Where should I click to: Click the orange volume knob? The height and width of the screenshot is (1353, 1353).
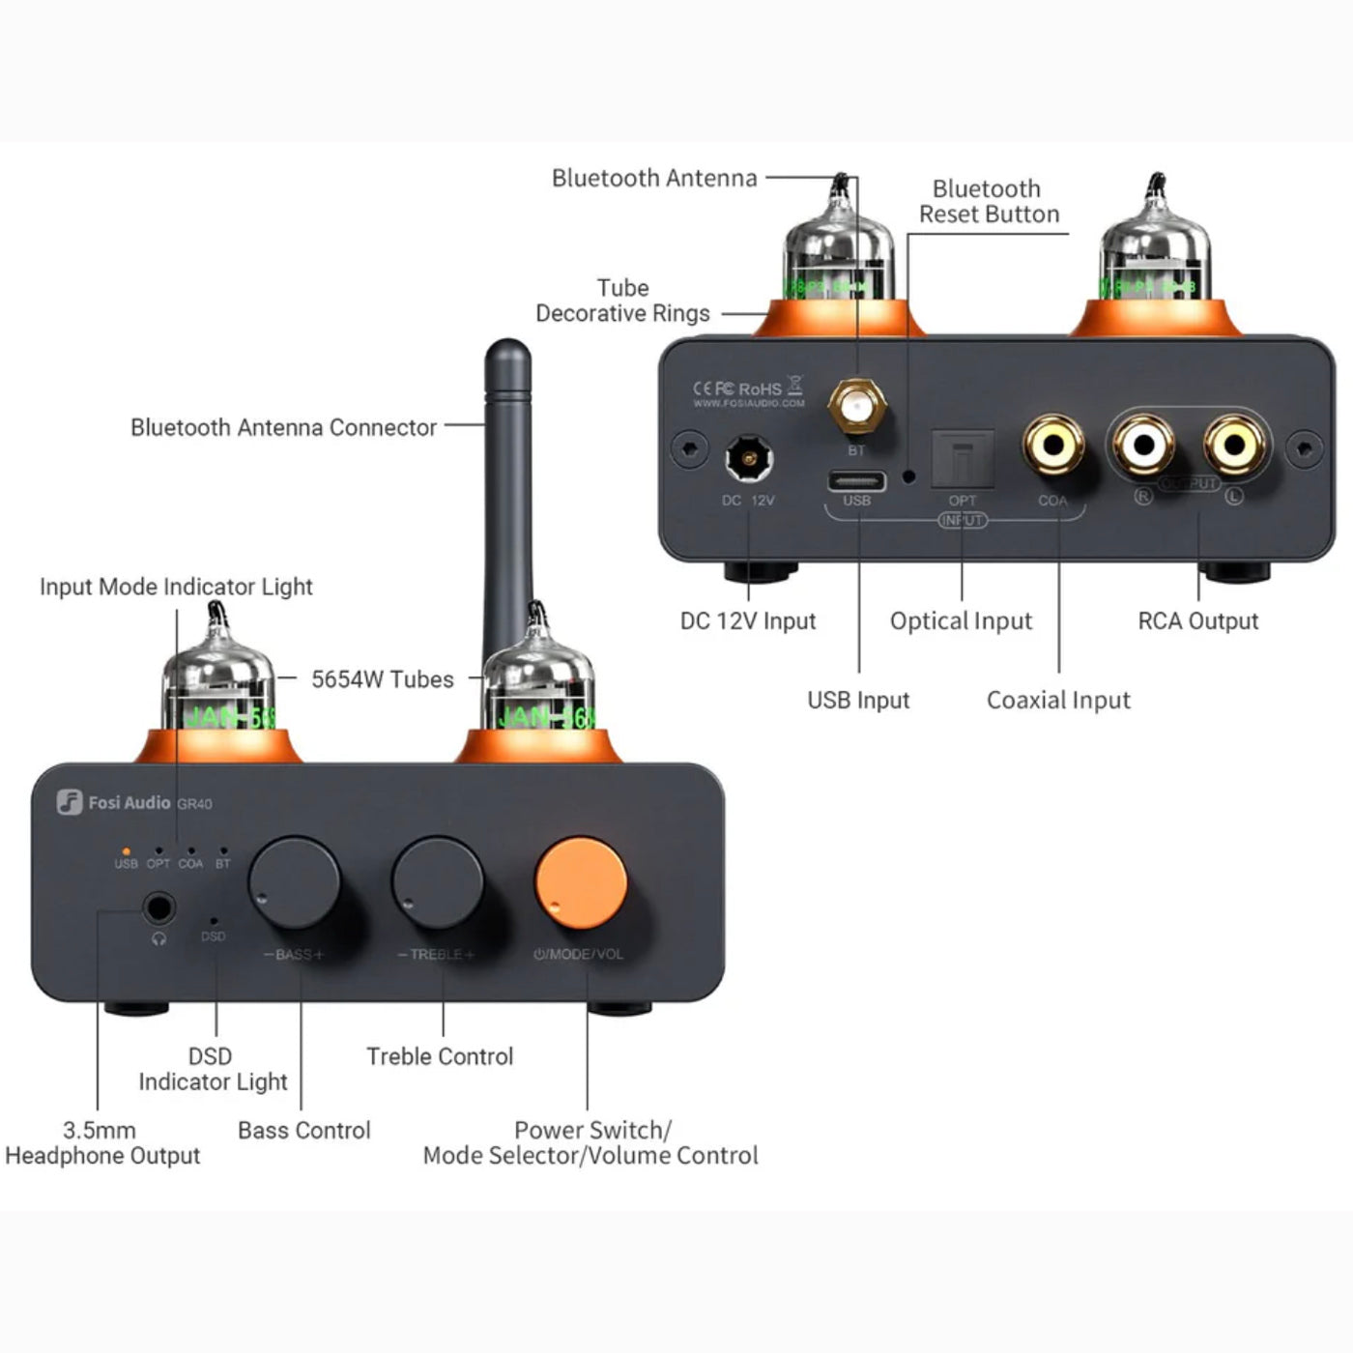581,882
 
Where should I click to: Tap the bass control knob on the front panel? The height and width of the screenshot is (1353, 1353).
294,882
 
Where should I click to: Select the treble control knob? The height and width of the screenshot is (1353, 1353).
437,882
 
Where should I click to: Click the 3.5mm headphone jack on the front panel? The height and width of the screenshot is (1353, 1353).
158,908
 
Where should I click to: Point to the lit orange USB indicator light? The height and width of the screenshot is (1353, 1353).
126,851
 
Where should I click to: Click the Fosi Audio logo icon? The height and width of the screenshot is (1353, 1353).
70,802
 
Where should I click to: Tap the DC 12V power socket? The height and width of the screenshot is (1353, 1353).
748,458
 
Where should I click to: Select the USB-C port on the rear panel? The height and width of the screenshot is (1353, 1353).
856,480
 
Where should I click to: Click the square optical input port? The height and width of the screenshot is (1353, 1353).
962,459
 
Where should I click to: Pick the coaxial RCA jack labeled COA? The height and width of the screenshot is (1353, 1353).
1052,446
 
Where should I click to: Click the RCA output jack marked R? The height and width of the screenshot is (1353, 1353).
1143,446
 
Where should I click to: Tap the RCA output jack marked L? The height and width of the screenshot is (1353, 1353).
1234,446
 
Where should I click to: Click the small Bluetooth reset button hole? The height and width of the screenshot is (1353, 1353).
908,476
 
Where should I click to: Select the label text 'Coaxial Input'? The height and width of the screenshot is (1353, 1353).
1058,700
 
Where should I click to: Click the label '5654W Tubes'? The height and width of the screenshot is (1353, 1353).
382,679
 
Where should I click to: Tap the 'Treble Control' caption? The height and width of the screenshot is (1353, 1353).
440,1056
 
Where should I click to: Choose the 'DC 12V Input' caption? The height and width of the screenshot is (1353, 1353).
748,620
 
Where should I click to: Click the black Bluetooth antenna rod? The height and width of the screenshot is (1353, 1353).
507,483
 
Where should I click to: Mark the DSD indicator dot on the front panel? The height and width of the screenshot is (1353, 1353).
214,922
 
